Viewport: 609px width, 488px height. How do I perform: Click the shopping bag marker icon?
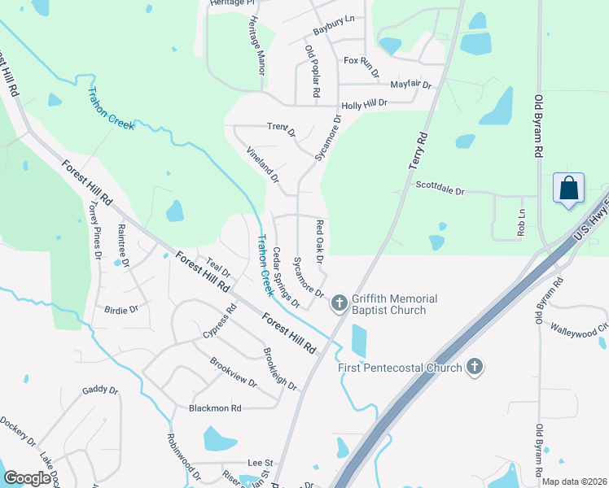pos(569,189)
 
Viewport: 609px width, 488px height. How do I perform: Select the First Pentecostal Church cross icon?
pos(472,368)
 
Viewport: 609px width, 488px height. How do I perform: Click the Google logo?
pos(27,478)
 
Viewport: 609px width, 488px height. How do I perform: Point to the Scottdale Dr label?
pos(440,189)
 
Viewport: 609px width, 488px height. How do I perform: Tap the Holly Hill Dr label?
pos(365,104)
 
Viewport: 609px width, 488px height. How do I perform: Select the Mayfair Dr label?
pos(410,84)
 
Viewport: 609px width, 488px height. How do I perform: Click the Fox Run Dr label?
pos(362,65)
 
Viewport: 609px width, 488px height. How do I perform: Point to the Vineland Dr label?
pos(263,164)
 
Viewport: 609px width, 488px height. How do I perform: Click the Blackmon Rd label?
pos(215,407)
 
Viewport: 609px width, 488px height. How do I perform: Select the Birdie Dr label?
pos(122,309)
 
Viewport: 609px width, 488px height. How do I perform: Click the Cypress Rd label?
pos(218,323)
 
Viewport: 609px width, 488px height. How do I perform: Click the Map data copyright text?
pos(574,481)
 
